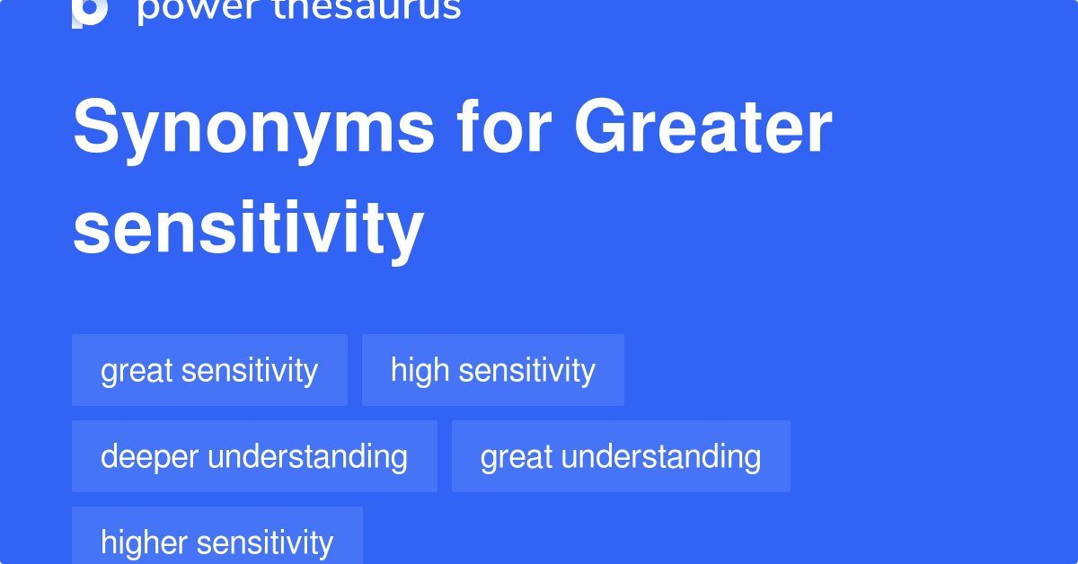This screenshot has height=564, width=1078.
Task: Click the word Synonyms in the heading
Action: click(x=254, y=128)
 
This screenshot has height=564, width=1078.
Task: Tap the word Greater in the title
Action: click(x=703, y=128)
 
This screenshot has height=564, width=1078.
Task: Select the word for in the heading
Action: click(x=505, y=128)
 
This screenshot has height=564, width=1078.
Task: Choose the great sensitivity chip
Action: click(x=209, y=370)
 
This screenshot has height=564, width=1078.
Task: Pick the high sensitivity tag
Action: click(x=492, y=370)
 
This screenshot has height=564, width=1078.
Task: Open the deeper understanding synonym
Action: click(x=254, y=456)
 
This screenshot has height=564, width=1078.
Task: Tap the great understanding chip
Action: click(x=621, y=456)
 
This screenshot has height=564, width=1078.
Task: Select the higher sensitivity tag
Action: click(x=216, y=542)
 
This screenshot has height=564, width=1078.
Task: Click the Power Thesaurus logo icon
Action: click(x=90, y=11)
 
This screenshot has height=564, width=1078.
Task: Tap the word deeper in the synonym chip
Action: click(x=150, y=456)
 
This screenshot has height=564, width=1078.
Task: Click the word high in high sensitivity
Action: click(x=419, y=370)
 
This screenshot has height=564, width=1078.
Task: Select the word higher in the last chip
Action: click(x=144, y=542)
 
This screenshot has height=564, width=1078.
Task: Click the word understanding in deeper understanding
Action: click(x=307, y=456)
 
